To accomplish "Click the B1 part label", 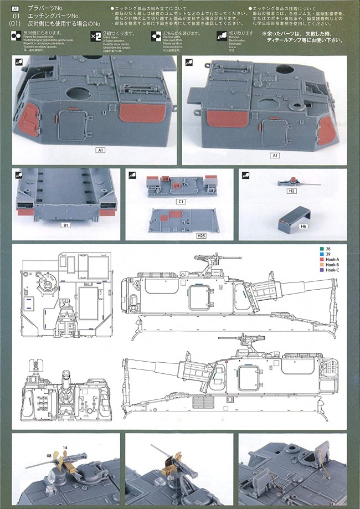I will pyautogui.click(x=66, y=225).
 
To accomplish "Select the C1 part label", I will pyautogui.click(x=181, y=202).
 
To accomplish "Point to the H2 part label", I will pyautogui.click(x=292, y=191).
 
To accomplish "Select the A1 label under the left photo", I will pyautogui.click(x=101, y=150).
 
